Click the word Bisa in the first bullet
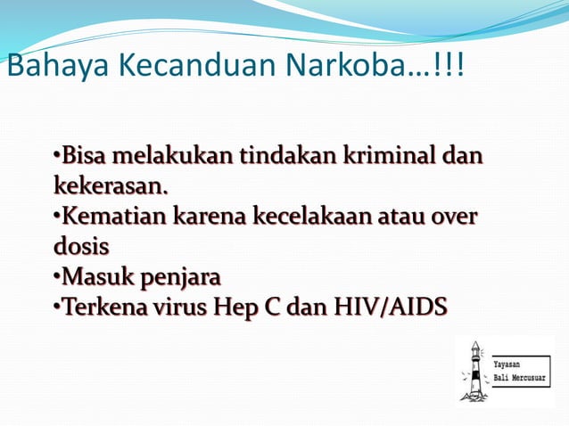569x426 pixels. [x=81, y=158]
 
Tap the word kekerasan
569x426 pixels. [x=111, y=187]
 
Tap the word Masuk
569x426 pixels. [x=90, y=275]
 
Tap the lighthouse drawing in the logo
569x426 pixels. [x=474, y=370]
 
